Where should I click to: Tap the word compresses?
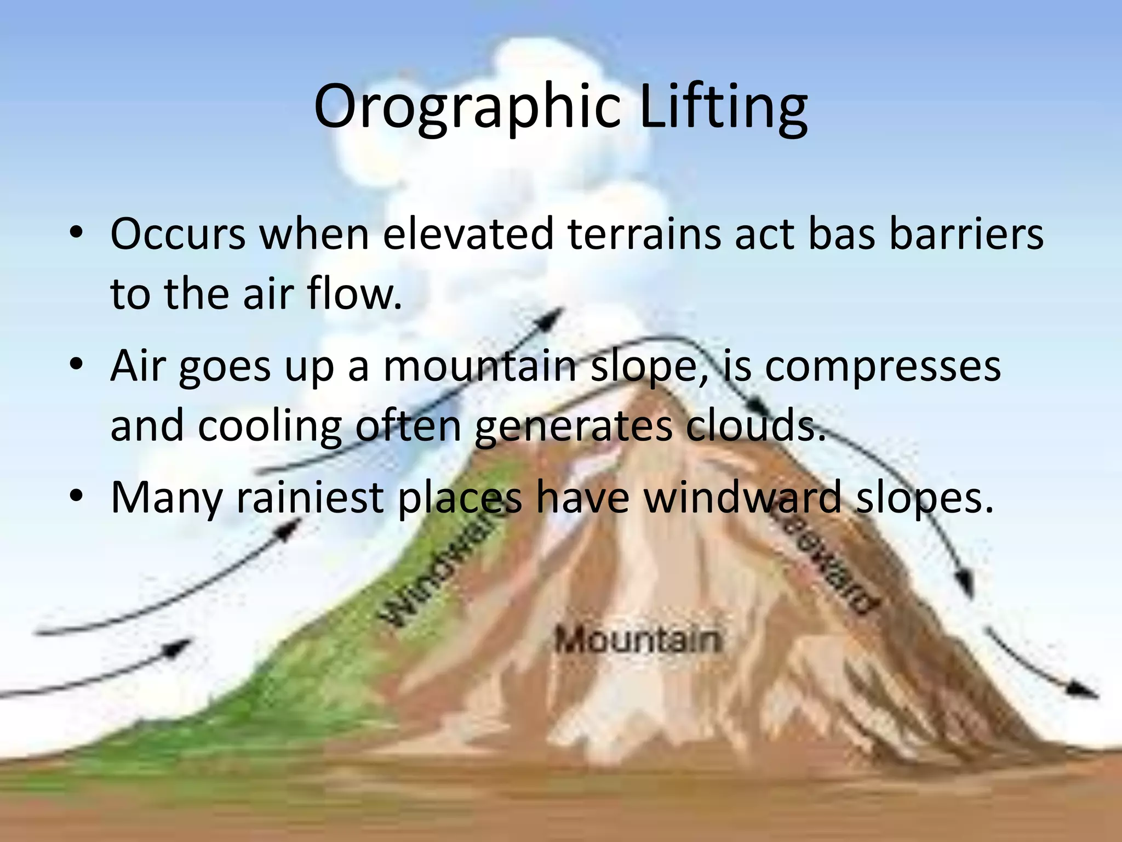882,366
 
